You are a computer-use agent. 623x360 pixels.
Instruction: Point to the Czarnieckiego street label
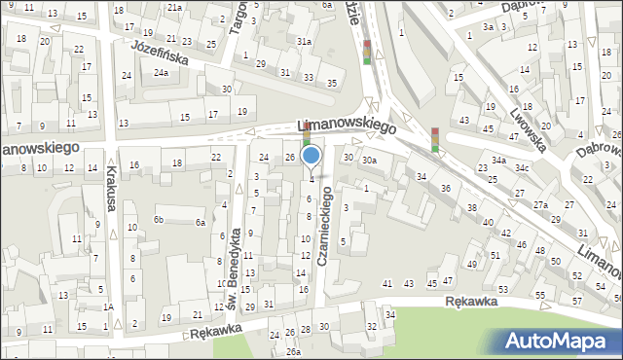tap(328, 226)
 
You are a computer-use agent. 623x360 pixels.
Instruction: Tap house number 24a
tap(160, 72)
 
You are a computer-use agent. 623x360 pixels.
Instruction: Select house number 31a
tap(305, 42)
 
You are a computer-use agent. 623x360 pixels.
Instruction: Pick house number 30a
tap(368, 160)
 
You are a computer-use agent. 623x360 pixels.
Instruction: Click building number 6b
tap(157, 220)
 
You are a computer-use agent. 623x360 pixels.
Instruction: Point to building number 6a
tap(201, 223)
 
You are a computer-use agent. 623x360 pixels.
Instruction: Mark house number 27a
tap(539, 204)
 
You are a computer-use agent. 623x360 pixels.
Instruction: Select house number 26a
tap(293, 352)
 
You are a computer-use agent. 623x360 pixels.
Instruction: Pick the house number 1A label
tap(109, 307)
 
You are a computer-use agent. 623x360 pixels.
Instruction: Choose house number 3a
tap(488, 27)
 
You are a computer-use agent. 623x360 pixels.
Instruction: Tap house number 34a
tap(498, 160)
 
